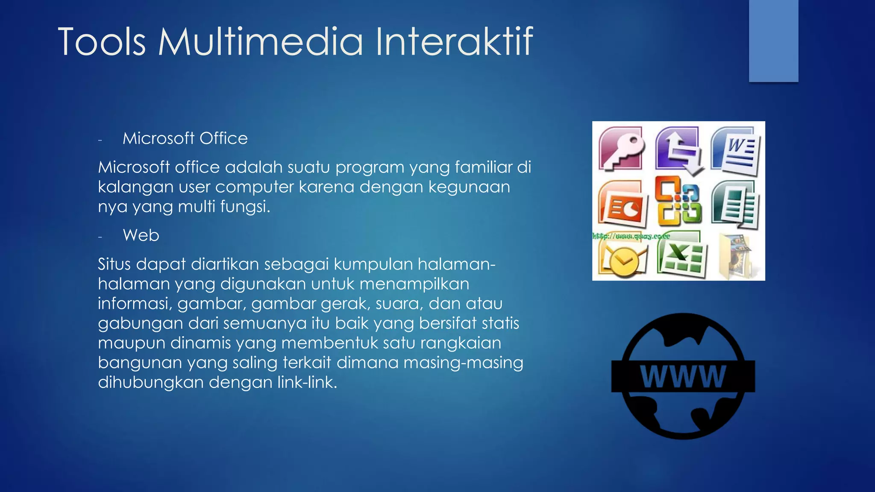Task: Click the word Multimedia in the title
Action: pyautogui.click(x=261, y=41)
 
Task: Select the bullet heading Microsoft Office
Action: pyautogui.click(x=185, y=138)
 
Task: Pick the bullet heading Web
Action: pyautogui.click(x=141, y=235)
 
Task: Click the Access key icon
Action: pyautogui.click(x=622, y=148)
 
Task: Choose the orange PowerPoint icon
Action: pyautogui.click(x=622, y=204)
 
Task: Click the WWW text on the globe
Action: pyautogui.click(x=683, y=377)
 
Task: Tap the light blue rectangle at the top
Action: pyautogui.click(x=773, y=41)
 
